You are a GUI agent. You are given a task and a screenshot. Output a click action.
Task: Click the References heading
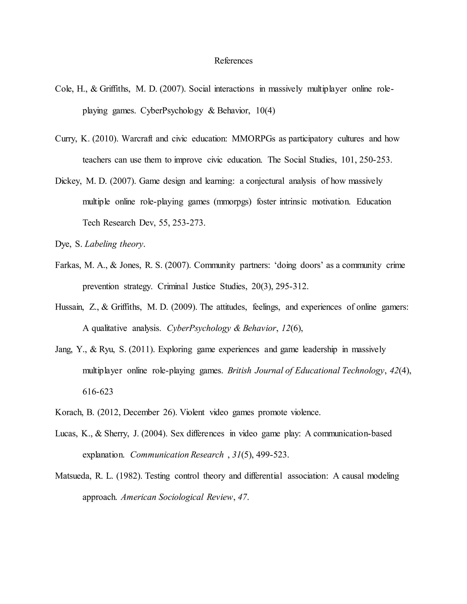233,61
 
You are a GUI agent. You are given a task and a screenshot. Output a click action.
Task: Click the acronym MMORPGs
253,139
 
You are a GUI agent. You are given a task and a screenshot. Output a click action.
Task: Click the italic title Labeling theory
114,244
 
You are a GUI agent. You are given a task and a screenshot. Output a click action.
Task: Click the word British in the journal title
239,371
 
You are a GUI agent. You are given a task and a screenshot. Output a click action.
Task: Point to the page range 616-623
98,392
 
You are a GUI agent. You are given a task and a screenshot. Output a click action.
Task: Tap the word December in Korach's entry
141,413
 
